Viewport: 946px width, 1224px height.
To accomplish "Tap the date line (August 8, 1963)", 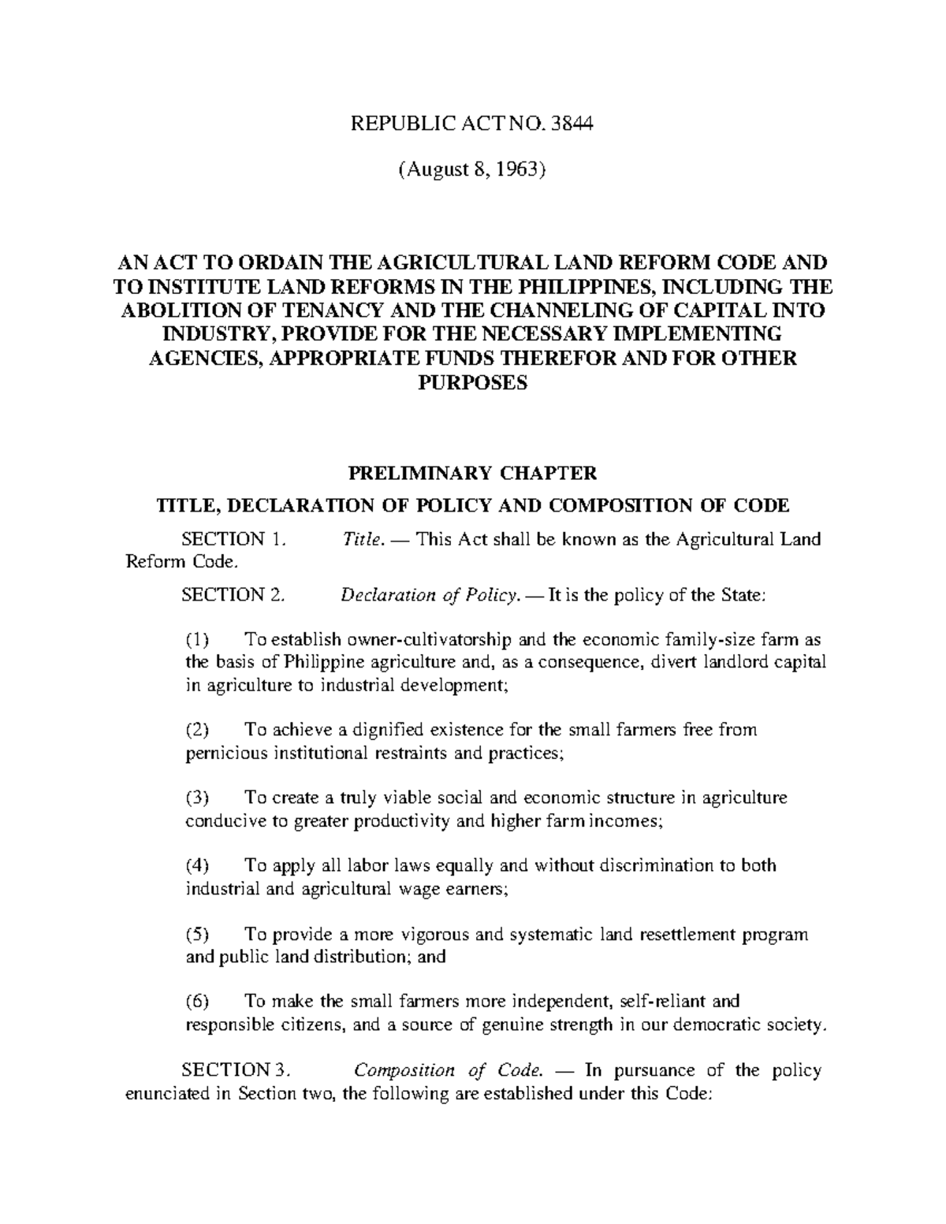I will coord(473,169).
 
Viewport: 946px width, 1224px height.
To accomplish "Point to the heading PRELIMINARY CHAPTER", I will coord(472,473).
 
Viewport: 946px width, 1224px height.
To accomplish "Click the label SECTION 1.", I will coord(231,539).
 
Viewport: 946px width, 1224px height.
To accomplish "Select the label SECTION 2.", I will coord(232,595).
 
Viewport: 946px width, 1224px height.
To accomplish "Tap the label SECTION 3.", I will coord(236,1070).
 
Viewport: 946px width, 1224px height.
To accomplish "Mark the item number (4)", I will coord(197,865).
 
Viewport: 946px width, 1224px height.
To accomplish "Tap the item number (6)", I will coord(197,1002).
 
